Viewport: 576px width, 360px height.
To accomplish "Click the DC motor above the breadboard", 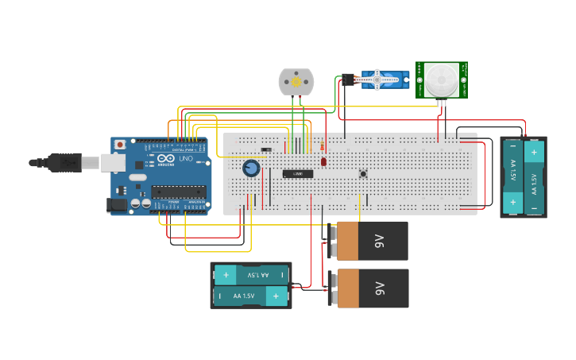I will (296, 82).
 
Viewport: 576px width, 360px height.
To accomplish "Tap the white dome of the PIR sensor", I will (441, 79).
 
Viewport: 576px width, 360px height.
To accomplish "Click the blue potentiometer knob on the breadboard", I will (251, 168).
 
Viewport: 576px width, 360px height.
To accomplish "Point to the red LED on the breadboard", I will (323, 161).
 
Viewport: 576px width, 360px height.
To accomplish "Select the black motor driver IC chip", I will (298, 173).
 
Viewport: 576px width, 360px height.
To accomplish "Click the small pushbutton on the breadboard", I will (363, 173).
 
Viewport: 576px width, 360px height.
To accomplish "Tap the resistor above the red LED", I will (321, 146).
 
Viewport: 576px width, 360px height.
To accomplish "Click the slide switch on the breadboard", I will (266, 149).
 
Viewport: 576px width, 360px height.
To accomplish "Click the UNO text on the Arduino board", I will (184, 159).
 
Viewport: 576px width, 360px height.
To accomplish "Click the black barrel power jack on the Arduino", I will (117, 204).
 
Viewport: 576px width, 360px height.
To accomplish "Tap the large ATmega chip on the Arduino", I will (179, 192).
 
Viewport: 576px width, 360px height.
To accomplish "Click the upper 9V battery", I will (371, 241).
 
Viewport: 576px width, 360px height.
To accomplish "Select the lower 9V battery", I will (371, 288).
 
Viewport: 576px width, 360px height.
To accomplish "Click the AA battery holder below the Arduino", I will (251, 285).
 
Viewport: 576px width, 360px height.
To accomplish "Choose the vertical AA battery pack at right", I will (524, 176).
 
